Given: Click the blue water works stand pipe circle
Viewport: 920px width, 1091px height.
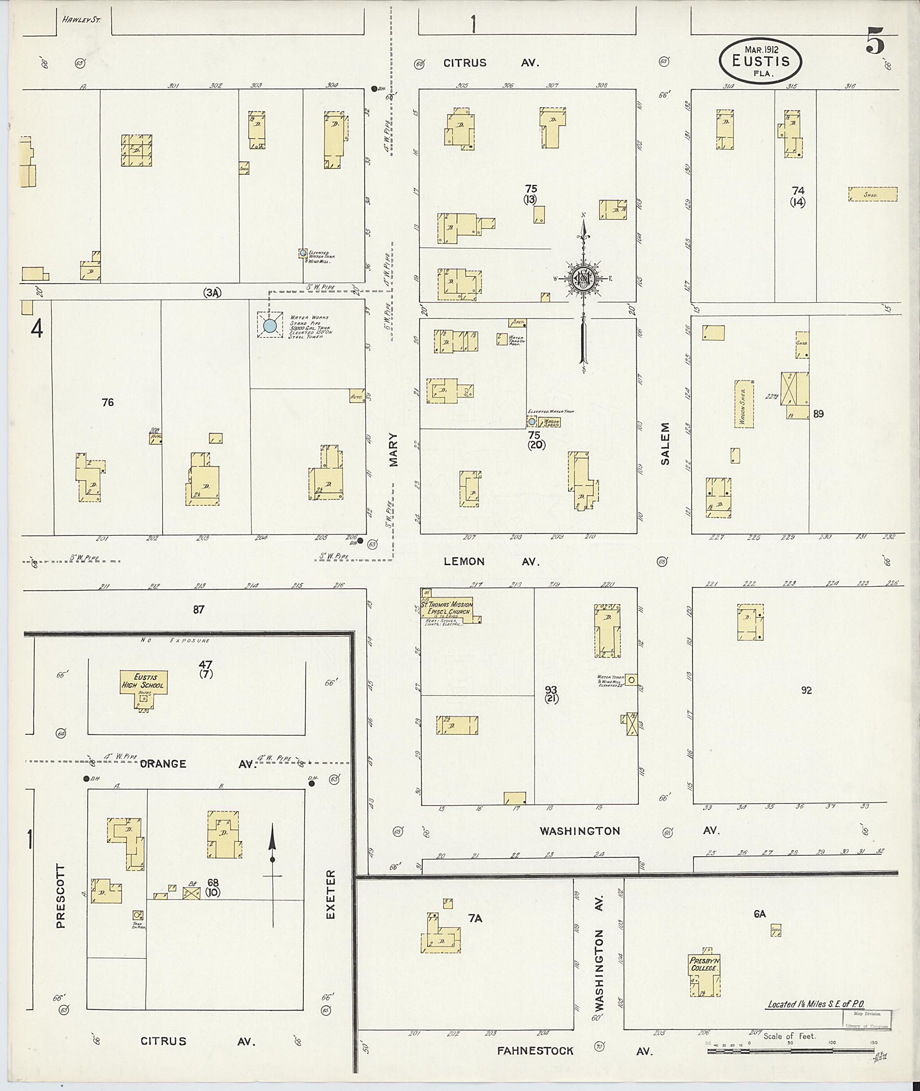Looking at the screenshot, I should (270, 326).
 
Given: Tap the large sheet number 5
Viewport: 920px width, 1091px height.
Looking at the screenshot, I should (875, 42).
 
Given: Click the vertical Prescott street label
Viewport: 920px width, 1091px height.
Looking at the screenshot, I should (61, 897).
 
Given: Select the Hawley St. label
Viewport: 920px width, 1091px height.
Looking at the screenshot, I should (81, 20).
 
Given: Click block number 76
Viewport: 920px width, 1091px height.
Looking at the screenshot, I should (107, 402).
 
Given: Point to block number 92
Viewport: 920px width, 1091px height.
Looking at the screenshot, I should (806, 690).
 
